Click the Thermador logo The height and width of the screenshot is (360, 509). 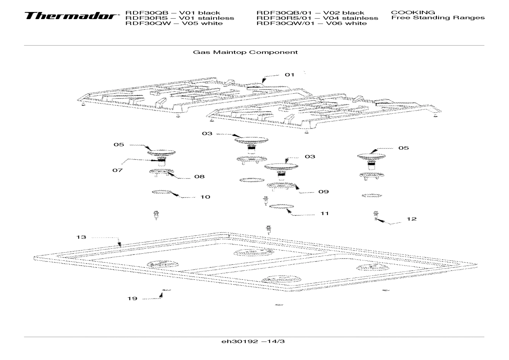pyautogui.click(x=71, y=16)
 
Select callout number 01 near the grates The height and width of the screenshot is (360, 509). pyautogui.click(x=289, y=75)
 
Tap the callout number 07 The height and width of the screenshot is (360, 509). pyautogui.click(x=118, y=170)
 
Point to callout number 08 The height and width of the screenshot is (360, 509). pyautogui.click(x=199, y=177)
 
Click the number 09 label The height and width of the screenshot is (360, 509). pyautogui.click(x=323, y=192)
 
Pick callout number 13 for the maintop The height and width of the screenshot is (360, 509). pyautogui.click(x=81, y=237)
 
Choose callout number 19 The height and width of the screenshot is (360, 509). pyautogui.click(x=132, y=299)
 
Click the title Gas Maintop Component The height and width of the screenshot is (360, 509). pyautogui.click(x=245, y=52)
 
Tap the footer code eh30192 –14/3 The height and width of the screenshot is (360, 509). pyautogui.click(x=253, y=342)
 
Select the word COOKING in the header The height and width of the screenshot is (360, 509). pyautogui.click(x=413, y=12)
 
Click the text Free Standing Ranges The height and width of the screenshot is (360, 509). pyautogui.click(x=438, y=18)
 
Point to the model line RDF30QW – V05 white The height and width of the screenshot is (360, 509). pyautogui.click(x=174, y=23)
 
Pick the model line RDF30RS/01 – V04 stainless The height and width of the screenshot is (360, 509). pyautogui.click(x=317, y=18)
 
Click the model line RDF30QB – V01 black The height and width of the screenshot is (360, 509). pyautogui.click(x=173, y=13)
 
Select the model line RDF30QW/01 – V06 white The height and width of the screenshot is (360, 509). pyautogui.click(x=311, y=23)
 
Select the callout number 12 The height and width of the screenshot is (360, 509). pyautogui.click(x=411, y=219)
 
